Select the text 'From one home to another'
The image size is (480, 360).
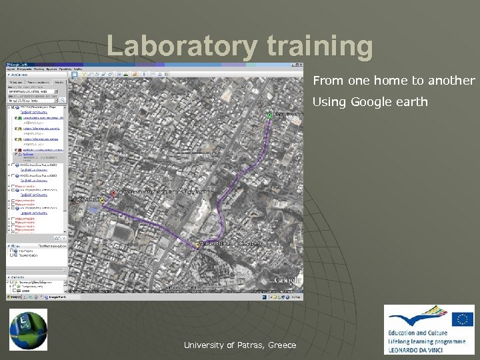coord(393,81)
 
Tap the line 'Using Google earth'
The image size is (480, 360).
coord(370,103)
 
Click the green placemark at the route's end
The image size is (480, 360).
coord(270,115)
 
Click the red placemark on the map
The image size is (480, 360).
coord(113,193)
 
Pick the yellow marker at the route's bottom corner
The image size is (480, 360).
coord(198,245)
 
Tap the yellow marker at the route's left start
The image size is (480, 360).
coord(102,200)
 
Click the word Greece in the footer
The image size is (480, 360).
coord(282,345)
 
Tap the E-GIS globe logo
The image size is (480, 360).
coord(28,329)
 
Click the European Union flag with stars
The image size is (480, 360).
coord(461,319)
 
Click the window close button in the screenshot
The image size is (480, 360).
coord(301,64)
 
